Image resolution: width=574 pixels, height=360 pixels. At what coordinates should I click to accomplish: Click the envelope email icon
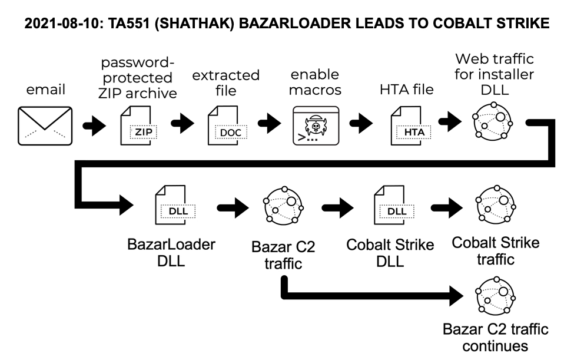[x=45, y=125]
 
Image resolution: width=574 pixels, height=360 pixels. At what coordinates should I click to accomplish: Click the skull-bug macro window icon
[x=316, y=125]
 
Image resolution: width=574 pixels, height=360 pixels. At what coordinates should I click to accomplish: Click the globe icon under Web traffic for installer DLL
[x=492, y=121]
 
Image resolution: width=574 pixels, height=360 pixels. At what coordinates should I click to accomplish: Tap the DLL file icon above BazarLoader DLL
[x=175, y=204]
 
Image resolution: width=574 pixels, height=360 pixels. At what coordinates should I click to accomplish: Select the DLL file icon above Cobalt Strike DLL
[x=394, y=204]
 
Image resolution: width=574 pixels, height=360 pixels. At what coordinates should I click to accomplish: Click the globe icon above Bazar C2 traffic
[x=283, y=206]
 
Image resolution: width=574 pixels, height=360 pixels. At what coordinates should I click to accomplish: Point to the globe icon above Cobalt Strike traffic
[x=496, y=204]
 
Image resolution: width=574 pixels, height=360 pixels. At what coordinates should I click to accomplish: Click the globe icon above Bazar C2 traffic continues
[x=496, y=296]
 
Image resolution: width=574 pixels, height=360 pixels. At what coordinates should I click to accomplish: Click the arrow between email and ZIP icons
[x=94, y=126]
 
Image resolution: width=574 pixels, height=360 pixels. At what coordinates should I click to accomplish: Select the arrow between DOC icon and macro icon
[x=270, y=123]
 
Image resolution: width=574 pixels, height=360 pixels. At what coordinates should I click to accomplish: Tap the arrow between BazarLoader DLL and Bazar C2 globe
[x=233, y=208]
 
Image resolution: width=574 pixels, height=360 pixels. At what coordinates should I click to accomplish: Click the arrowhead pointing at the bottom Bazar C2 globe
[x=456, y=296]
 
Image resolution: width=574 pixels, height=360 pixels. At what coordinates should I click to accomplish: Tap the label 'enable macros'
[x=315, y=82]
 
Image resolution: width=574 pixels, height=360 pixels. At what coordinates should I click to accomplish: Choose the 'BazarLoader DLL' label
[x=171, y=253]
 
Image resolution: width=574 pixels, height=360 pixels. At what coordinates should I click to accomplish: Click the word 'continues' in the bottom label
[x=495, y=346]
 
